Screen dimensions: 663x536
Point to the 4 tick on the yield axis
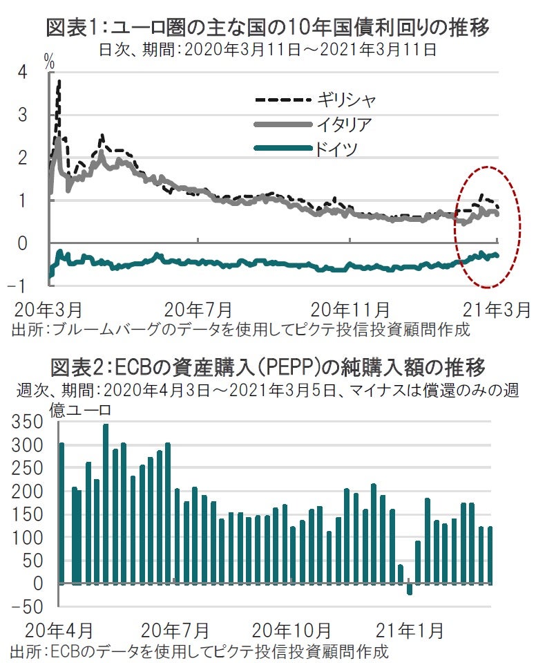[x=23, y=72]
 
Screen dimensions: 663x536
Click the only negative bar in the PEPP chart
[x=410, y=589]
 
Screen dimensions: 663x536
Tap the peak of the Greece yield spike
[x=59, y=81]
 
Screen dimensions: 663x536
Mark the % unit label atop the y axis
[x=49, y=61]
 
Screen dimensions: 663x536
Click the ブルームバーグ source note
[x=241, y=329]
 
